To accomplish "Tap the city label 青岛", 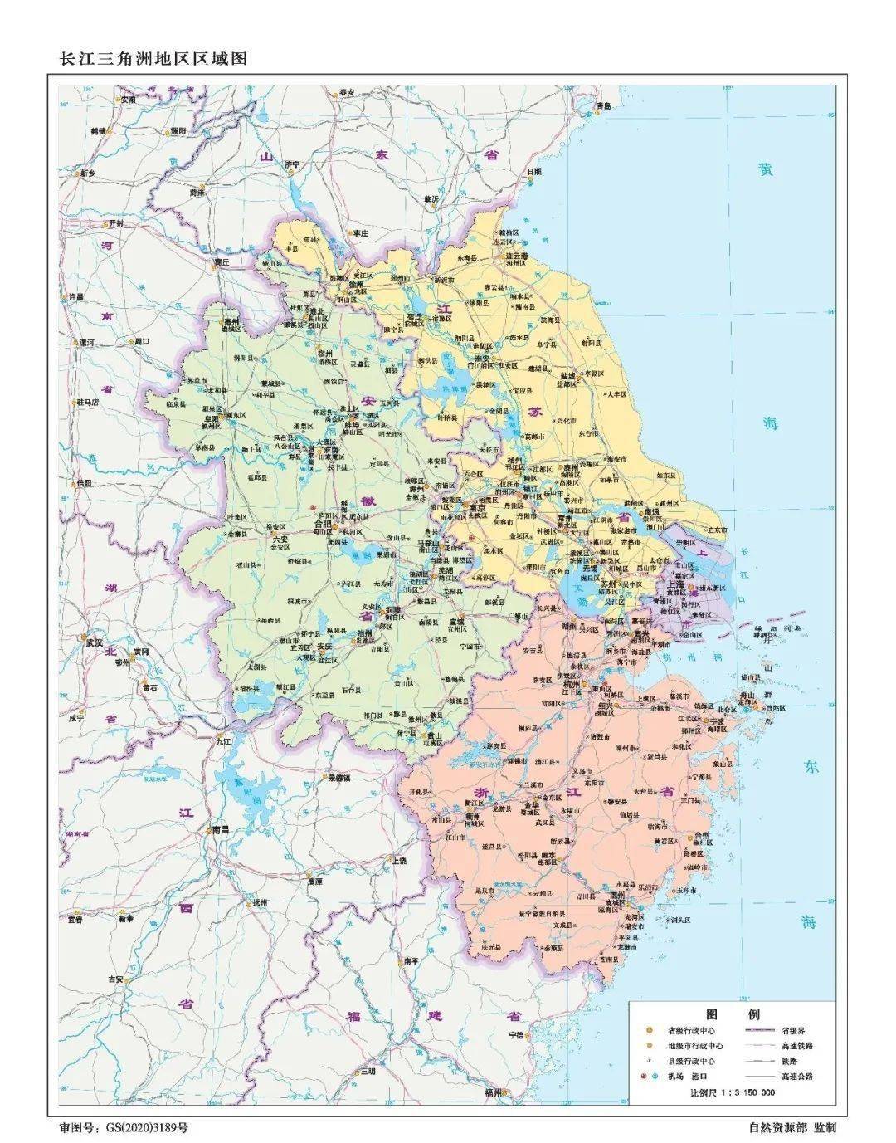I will [602, 106].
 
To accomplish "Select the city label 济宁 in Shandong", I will [290, 164].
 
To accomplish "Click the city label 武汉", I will [91, 642].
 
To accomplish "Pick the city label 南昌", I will [220, 828].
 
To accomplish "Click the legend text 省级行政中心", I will [691, 1031].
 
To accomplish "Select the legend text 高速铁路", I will [797, 1046].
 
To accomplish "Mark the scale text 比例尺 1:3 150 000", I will [733, 1092].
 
